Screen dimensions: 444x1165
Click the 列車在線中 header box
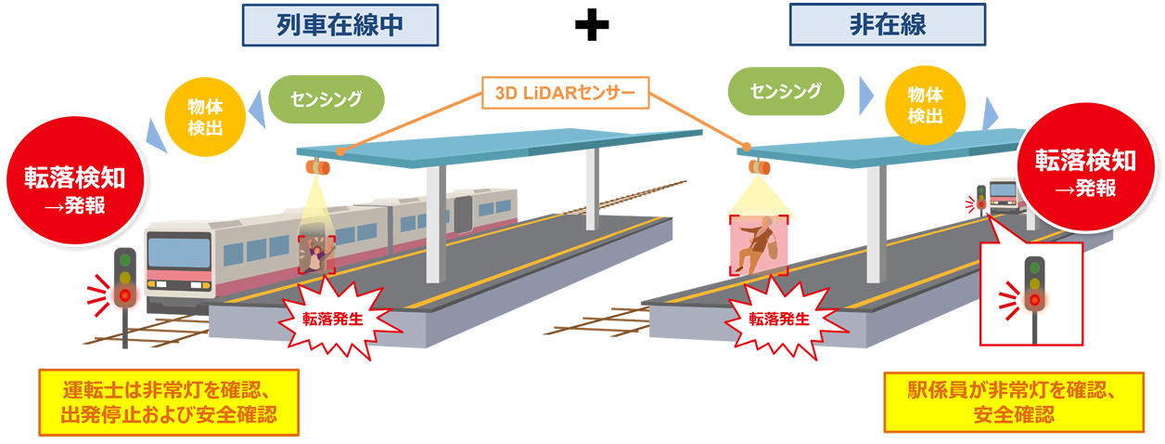click(339, 25)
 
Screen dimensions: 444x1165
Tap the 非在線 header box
click(887, 25)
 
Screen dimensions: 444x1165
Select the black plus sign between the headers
click(591, 26)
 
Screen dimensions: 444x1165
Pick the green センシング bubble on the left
click(326, 97)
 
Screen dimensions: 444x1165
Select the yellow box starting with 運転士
click(169, 401)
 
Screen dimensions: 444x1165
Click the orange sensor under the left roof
click(316, 167)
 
